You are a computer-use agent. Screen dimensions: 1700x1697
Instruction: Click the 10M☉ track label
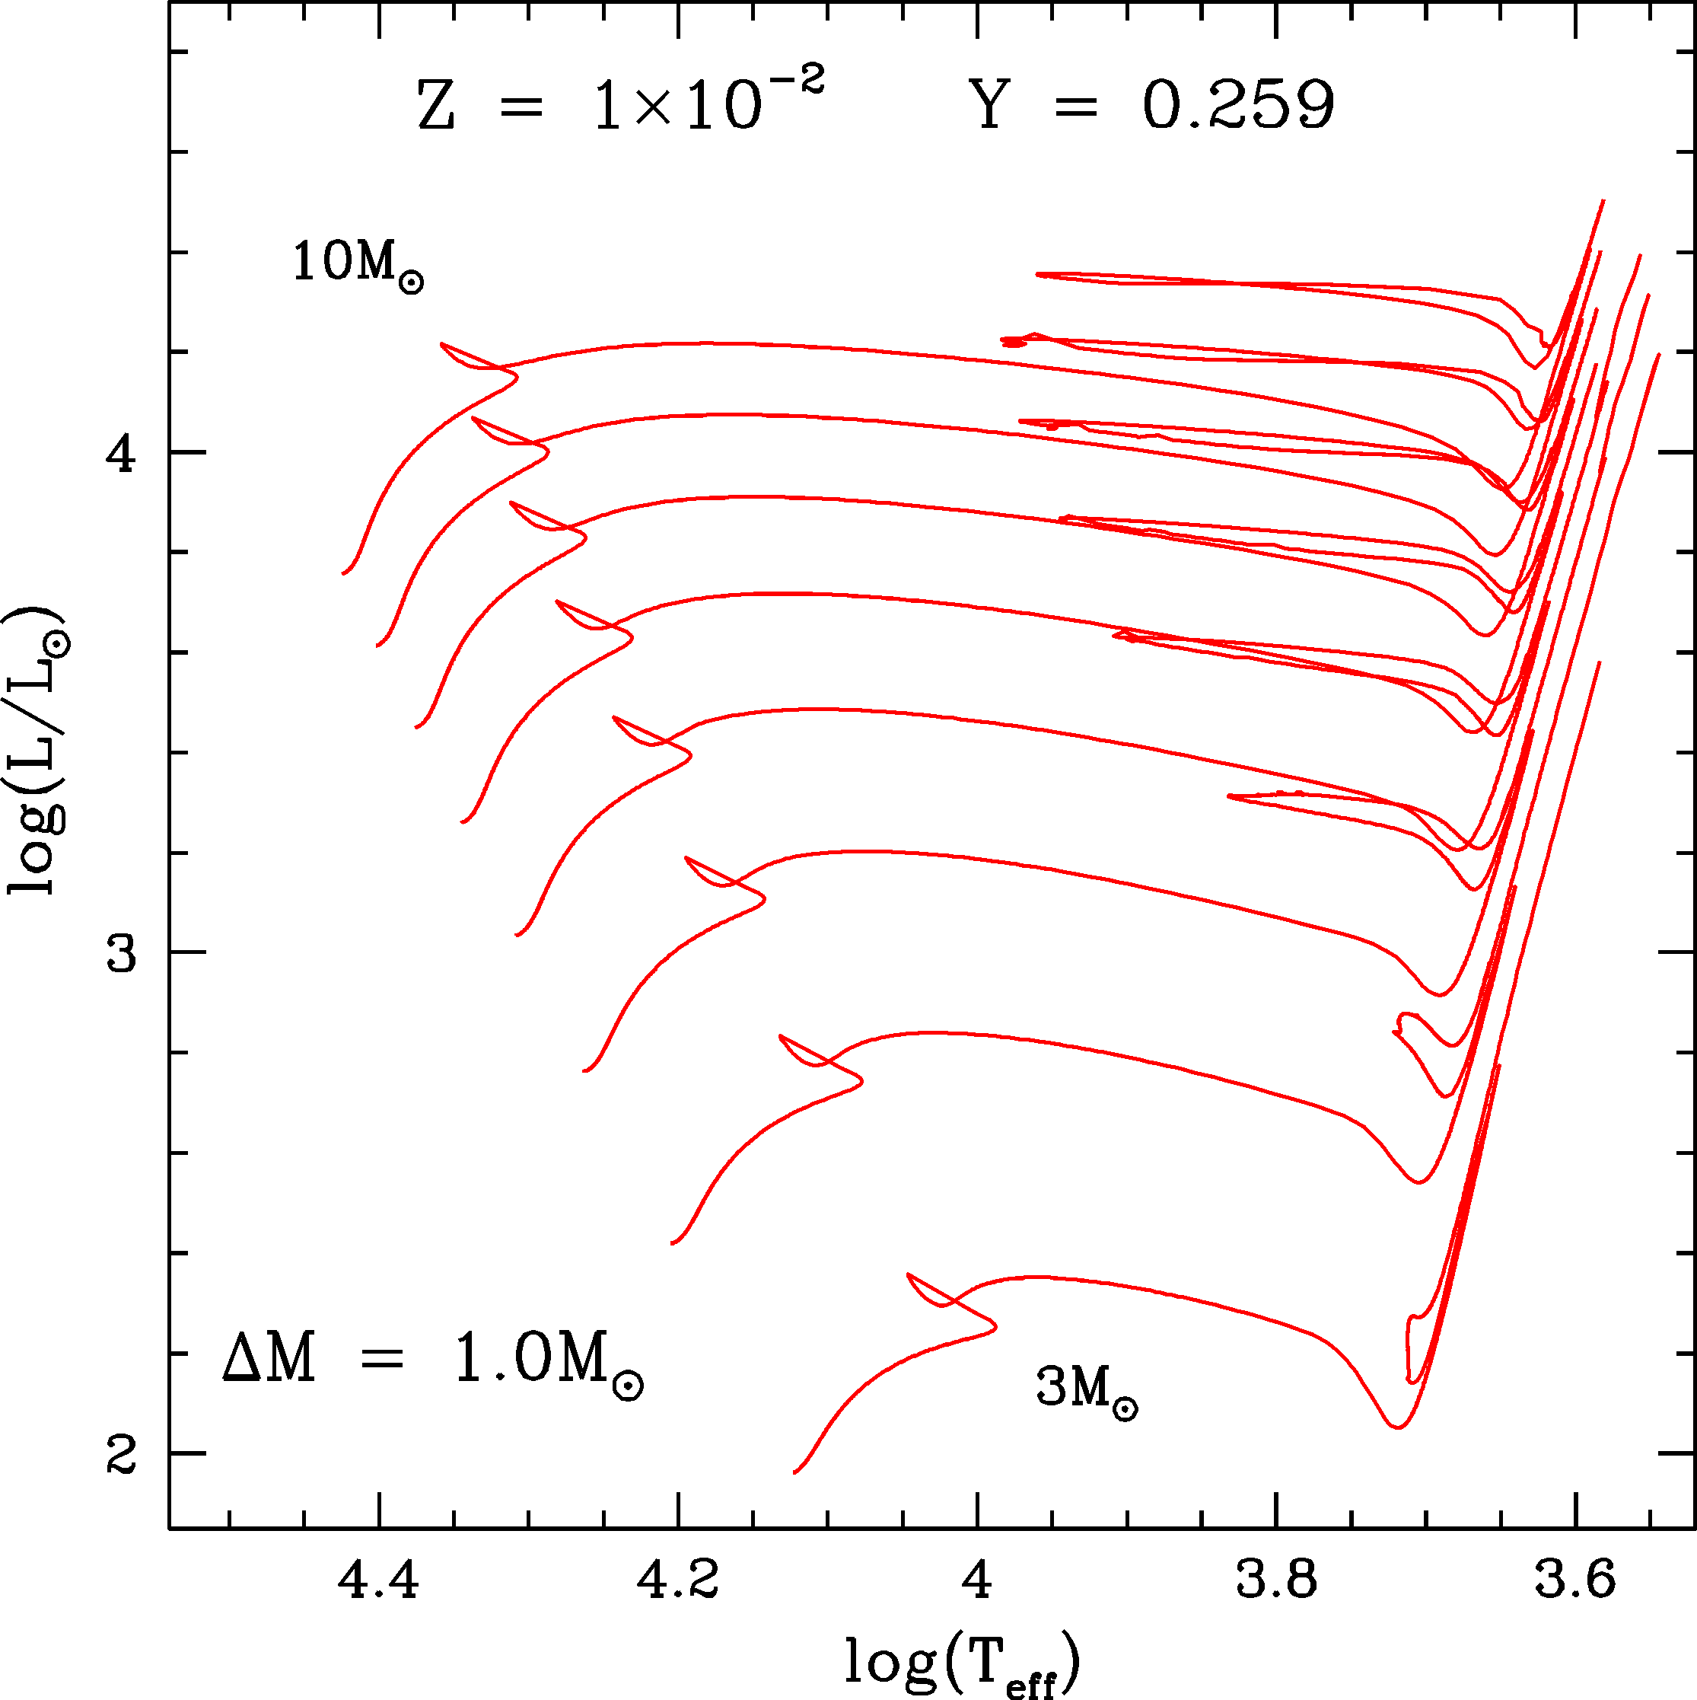(x=357, y=264)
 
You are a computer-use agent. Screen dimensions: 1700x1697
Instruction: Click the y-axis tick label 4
(x=120, y=453)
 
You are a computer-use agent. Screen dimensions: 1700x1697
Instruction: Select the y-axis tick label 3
(x=120, y=953)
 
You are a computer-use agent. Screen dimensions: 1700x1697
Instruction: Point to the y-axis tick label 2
(x=120, y=1453)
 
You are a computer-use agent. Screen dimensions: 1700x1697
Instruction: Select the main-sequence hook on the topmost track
(x=515, y=377)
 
